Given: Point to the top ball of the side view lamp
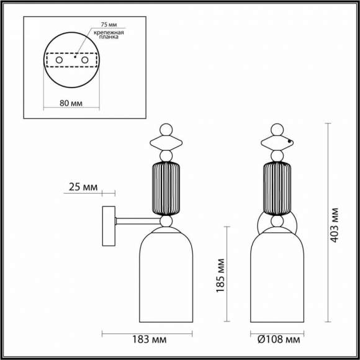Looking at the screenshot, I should (165, 130).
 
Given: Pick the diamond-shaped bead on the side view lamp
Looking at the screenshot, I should (165, 142).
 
